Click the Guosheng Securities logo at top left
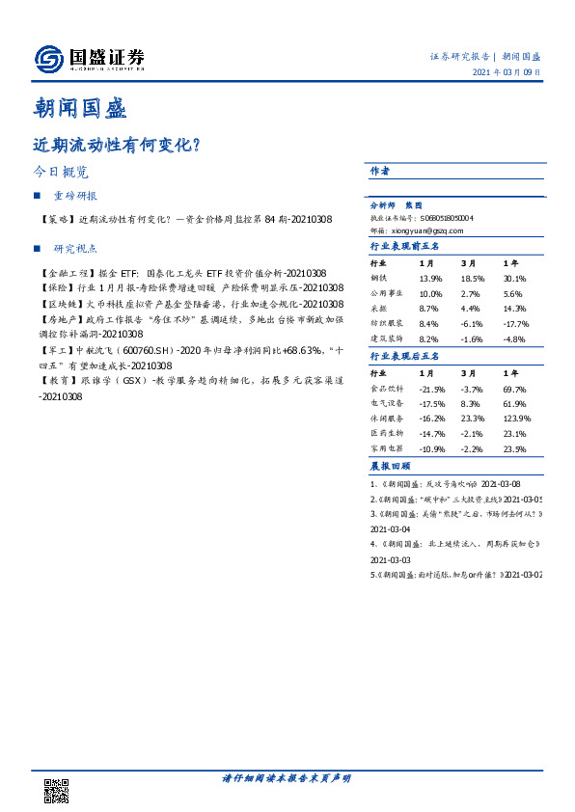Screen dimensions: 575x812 click(x=89, y=59)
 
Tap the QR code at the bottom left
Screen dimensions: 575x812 click(x=57, y=791)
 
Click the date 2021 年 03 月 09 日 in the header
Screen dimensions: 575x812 click(x=506, y=73)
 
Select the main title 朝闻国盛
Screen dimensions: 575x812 click(x=80, y=106)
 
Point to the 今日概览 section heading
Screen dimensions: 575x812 click(x=60, y=173)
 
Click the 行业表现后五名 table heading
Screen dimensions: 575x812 click(x=405, y=356)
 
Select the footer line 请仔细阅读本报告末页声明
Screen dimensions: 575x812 click(x=287, y=777)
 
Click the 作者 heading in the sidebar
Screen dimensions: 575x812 click(x=380, y=171)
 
